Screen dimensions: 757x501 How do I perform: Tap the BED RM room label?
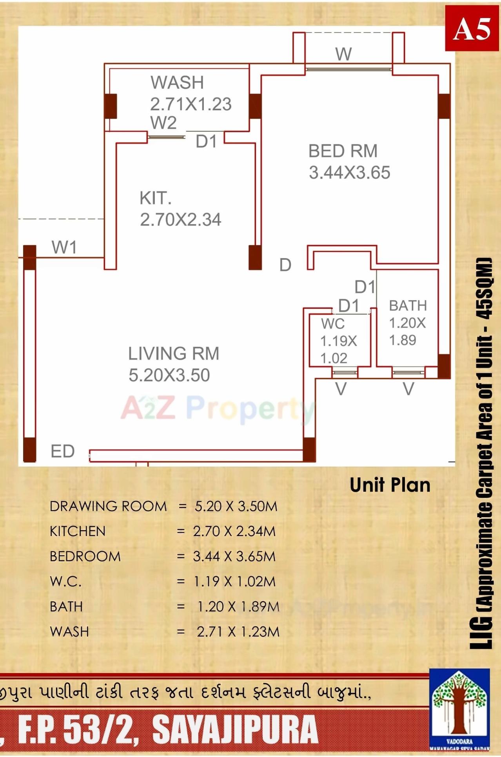tap(343, 151)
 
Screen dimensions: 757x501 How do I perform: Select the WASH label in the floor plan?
tap(177, 82)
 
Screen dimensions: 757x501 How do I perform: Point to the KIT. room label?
tap(156, 198)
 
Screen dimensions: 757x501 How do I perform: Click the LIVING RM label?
tap(174, 354)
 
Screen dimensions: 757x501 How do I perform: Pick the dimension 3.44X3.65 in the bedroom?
tap(349, 173)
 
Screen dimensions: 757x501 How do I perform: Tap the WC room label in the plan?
tap(333, 324)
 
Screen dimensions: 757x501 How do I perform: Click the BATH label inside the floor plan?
tap(408, 305)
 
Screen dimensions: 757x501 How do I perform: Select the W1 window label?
tap(64, 248)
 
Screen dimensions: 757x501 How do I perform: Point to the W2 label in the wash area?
tap(163, 123)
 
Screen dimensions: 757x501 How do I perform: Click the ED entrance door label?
tap(63, 451)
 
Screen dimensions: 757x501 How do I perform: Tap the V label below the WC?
tap(341, 389)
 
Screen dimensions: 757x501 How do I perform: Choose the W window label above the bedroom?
tap(343, 54)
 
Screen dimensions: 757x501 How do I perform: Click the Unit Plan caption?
tap(390, 485)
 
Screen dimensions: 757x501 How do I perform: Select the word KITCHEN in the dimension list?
tap(78, 531)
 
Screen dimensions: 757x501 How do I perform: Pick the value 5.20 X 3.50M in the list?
tap(236, 506)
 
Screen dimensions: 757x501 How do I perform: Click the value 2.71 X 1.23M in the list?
tap(238, 632)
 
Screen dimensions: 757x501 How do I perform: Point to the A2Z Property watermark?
tap(218, 408)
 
